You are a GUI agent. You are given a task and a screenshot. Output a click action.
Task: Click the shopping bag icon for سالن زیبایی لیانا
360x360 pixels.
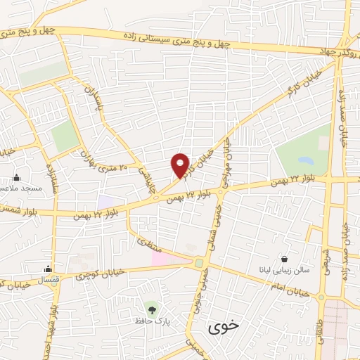pyautogui.click(x=284, y=258)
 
